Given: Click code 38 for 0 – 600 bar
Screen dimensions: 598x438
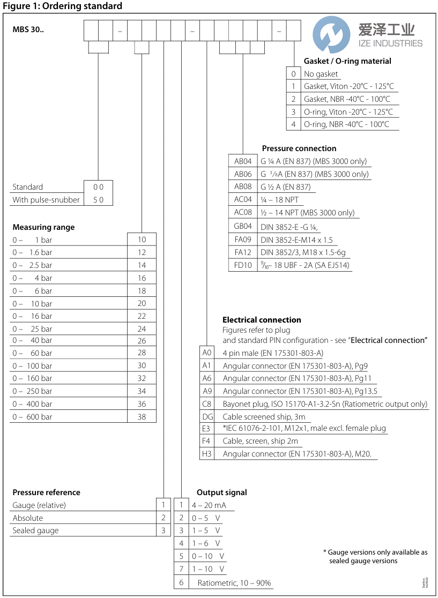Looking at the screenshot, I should (x=142, y=416).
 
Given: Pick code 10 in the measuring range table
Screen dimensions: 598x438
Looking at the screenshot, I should (x=142, y=240).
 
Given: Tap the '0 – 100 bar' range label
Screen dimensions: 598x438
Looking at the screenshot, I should (x=33, y=365).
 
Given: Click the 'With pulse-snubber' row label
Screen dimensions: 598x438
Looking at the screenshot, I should (x=46, y=200).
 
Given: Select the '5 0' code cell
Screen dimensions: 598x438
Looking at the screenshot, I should (x=99, y=200).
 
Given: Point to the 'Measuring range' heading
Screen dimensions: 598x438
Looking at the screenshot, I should (x=43, y=227).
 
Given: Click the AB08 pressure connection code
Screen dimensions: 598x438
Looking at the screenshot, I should (x=242, y=187).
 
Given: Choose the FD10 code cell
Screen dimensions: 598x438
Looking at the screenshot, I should (x=242, y=265).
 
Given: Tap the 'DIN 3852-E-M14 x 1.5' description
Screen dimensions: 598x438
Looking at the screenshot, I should (x=296, y=240).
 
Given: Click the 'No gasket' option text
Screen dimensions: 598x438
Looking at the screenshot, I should (x=321, y=74).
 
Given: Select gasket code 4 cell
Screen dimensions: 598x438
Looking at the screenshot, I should (x=293, y=124).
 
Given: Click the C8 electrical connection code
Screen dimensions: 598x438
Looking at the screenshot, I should (x=207, y=404).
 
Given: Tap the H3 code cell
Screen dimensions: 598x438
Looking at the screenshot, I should (x=207, y=454).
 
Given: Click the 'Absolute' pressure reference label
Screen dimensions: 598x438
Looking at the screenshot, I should (x=28, y=518).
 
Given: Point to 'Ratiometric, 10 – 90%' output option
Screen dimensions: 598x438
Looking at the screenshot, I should (x=234, y=583).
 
